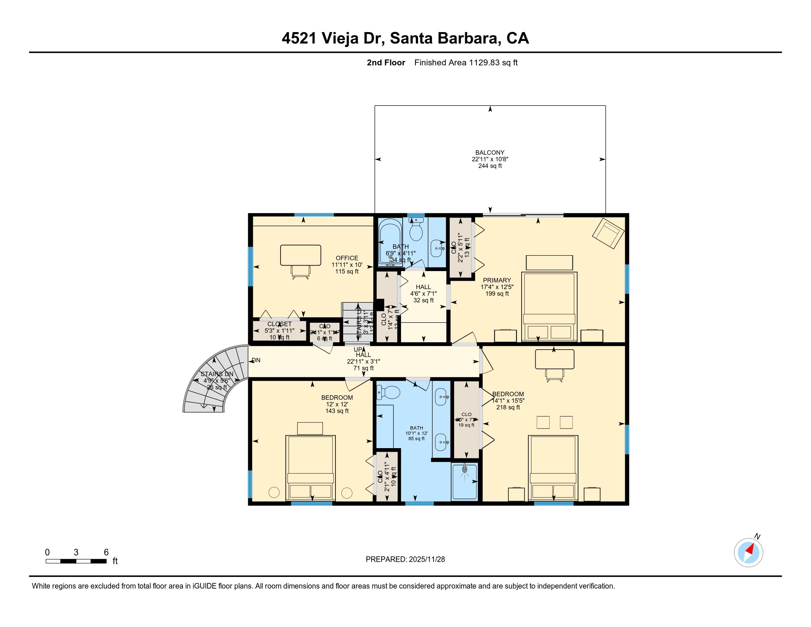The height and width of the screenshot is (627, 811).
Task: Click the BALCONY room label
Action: click(490, 153)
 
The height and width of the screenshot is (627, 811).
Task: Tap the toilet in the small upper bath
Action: click(416, 231)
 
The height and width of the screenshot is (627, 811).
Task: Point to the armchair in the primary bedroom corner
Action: click(608, 233)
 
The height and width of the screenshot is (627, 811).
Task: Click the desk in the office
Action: click(300, 255)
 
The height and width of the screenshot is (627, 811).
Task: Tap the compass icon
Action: click(748, 552)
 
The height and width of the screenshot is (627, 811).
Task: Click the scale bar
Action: click(76, 561)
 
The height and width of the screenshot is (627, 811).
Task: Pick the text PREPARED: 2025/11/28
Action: click(405, 559)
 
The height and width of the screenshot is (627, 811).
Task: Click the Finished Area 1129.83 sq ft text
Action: click(466, 63)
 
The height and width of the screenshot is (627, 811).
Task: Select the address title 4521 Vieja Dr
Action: click(405, 38)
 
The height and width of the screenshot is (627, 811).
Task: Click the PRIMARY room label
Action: click(497, 280)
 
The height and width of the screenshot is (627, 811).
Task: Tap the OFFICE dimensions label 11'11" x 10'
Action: click(347, 265)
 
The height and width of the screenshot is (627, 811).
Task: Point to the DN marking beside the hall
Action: click(256, 360)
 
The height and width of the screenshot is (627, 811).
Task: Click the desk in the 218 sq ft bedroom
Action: click(554, 359)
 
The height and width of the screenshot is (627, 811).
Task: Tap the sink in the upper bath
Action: click(437, 248)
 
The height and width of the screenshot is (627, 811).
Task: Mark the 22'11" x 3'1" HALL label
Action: click(363, 361)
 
